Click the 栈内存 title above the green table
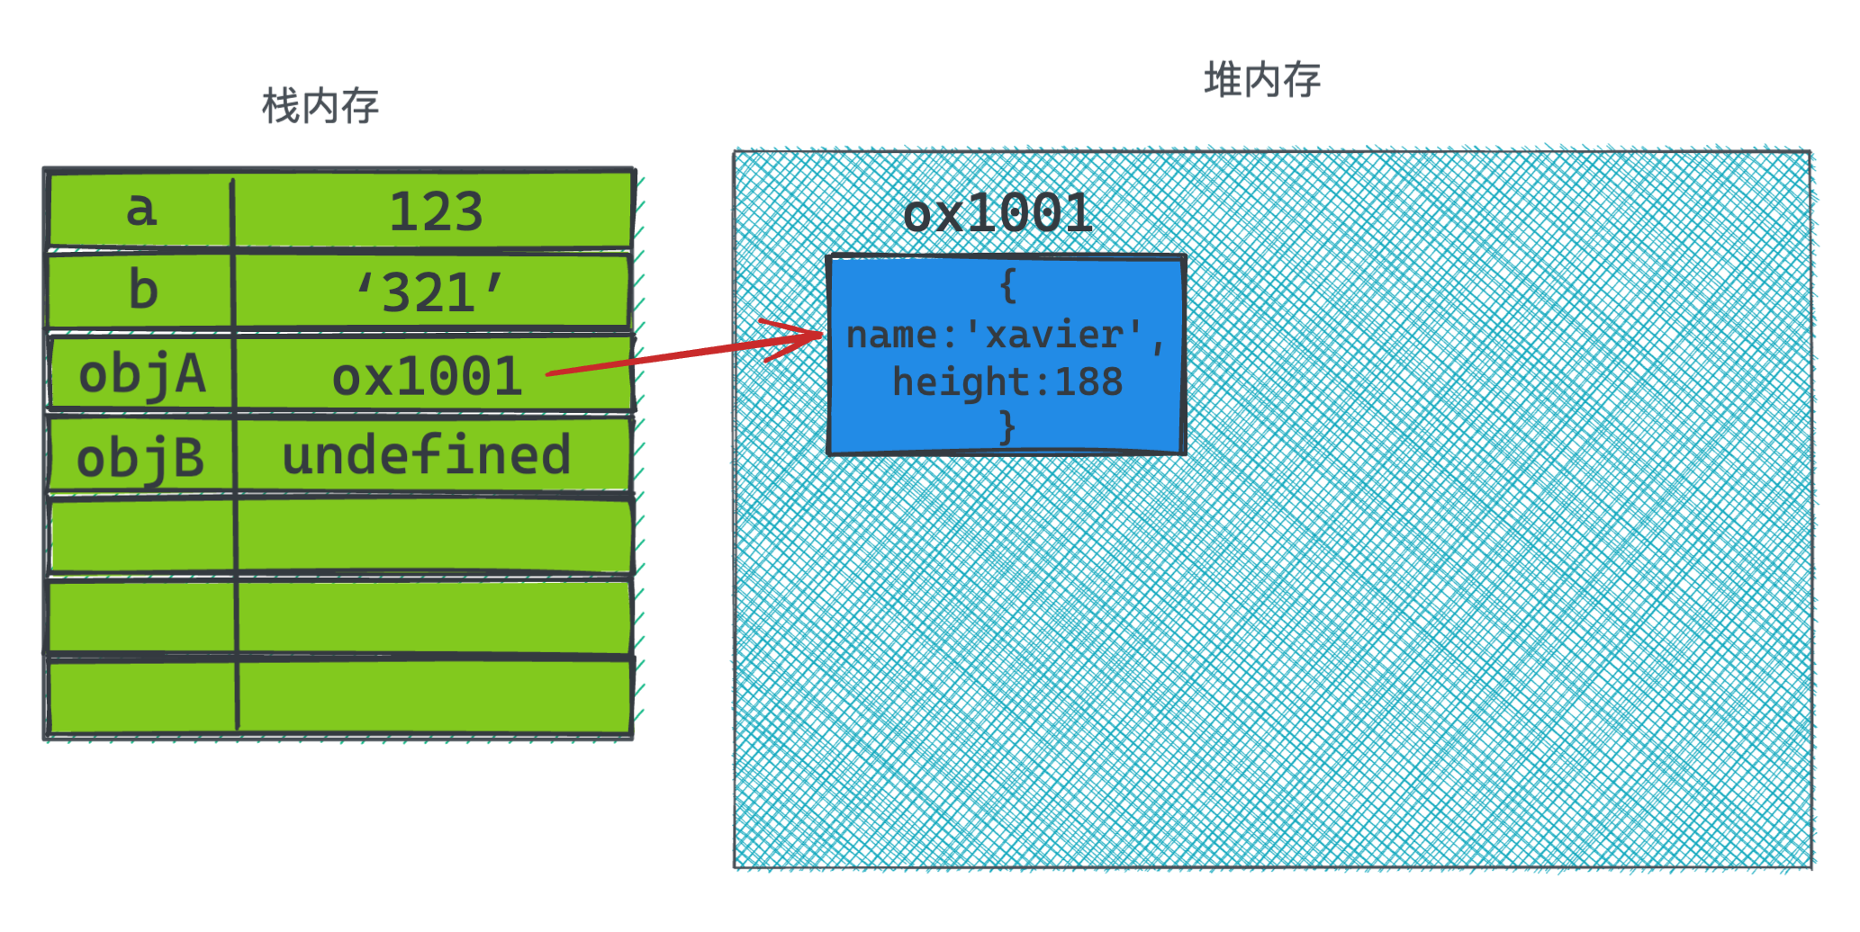coord(321,107)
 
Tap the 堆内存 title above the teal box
coord(1262,80)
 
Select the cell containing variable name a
coord(141,210)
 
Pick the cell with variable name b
coord(143,291)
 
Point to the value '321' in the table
coord(430,292)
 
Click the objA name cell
coord(142,375)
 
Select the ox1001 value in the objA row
coord(427,377)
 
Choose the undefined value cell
coord(427,455)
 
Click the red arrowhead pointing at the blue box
coord(807,336)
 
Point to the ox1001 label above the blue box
coord(998,214)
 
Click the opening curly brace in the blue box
coord(1007,286)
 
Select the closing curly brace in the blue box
coord(1007,427)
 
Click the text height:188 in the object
coord(1007,382)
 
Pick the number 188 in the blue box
coord(1088,382)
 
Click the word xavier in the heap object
coord(1054,336)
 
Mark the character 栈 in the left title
coord(280,107)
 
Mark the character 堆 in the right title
coord(1223,80)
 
